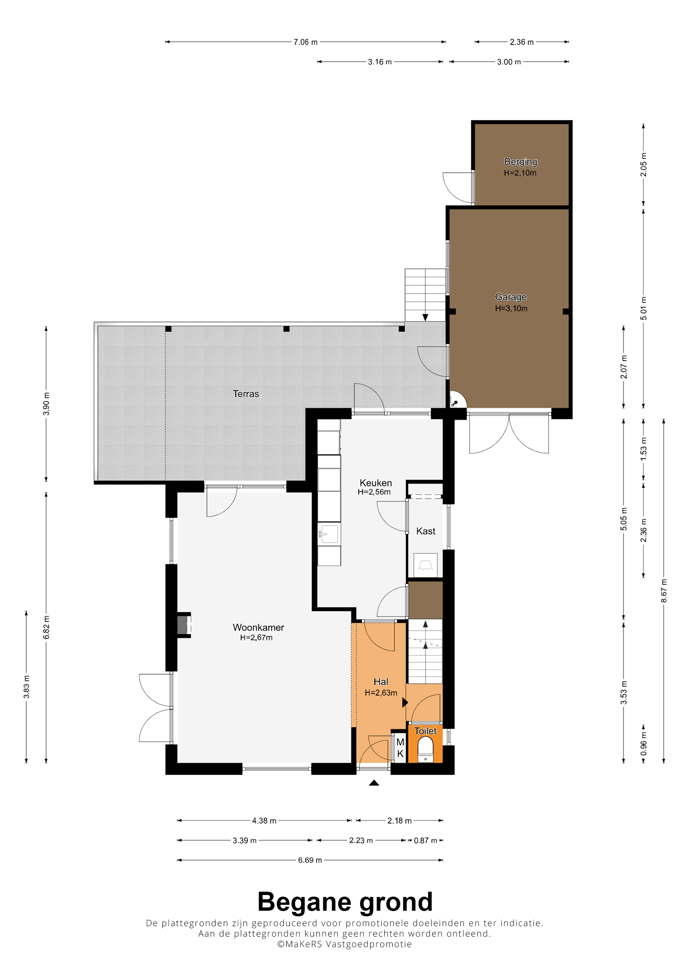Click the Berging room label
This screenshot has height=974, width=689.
pos(520,162)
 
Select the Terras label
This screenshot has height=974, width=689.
pos(246,394)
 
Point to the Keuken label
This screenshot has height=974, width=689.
pos(376,483)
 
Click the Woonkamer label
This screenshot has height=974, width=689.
pos(258,627)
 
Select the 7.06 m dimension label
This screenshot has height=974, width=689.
pos(306,42)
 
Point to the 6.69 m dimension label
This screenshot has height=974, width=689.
pos(310,860)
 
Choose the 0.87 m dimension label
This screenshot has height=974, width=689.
pos(425,840)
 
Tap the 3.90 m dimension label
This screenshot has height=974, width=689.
pos(46,404)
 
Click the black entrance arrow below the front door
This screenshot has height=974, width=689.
pos(374,783)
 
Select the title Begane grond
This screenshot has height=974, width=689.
pos(345,902)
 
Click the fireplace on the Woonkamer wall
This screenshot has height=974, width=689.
pos(184,625)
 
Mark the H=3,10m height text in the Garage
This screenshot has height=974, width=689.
pos(511,308)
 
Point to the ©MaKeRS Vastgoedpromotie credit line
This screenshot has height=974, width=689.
pos(344,944)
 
